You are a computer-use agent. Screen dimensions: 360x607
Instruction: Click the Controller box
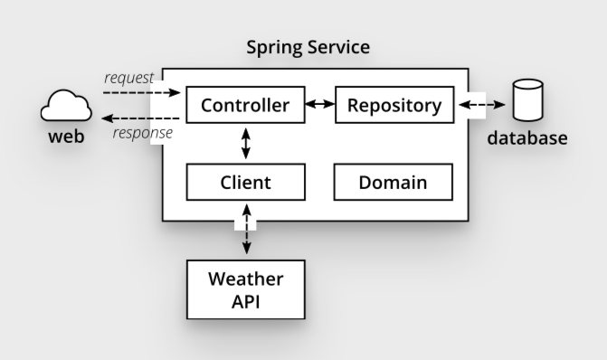[x=245, y=106]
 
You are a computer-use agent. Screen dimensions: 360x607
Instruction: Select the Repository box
[x=394, y=106]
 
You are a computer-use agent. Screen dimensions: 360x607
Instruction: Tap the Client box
[x=245, y=183]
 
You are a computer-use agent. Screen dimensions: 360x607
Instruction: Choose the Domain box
[x=394, y=183]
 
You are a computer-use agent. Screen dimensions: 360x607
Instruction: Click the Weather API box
[x=245, y=289]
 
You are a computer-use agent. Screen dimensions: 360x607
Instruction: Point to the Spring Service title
[x=308, y=47]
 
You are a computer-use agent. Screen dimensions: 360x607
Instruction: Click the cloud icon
[x=66, y=109]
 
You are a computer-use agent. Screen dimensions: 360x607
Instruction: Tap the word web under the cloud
[x=66, y=138]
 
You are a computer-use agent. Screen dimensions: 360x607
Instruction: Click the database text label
[x=527, y=138]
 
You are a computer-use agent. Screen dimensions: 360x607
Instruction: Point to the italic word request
[x=128, y=77]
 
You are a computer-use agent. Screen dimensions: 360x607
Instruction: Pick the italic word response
[x=142, y=134]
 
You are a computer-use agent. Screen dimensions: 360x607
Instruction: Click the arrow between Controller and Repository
[x=318, y=105]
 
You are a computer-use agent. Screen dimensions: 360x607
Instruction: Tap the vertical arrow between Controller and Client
[x=245, y=143]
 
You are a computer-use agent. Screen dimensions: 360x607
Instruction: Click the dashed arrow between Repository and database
[x=481, y=105]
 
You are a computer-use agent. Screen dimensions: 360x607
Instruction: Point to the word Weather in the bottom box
[x=245, y=279]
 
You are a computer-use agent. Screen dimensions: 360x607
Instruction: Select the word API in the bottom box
[x=245, y=300]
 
